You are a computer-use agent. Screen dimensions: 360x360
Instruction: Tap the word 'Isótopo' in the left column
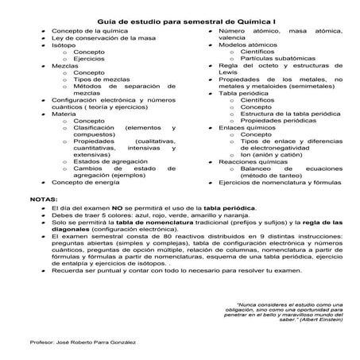click(x=64, y=45)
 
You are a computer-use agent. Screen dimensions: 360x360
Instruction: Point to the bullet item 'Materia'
click(x=64, y=113)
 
